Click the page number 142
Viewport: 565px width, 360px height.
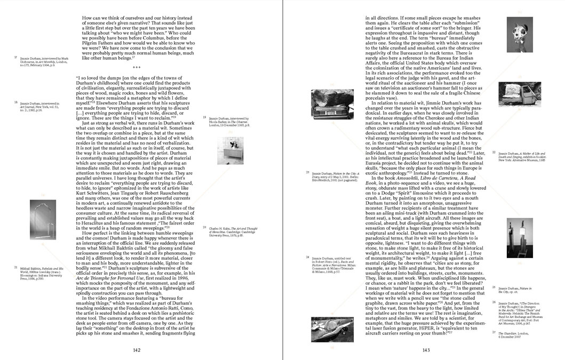(x=137, y=350)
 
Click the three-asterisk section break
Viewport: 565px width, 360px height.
(x=137, y=68)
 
